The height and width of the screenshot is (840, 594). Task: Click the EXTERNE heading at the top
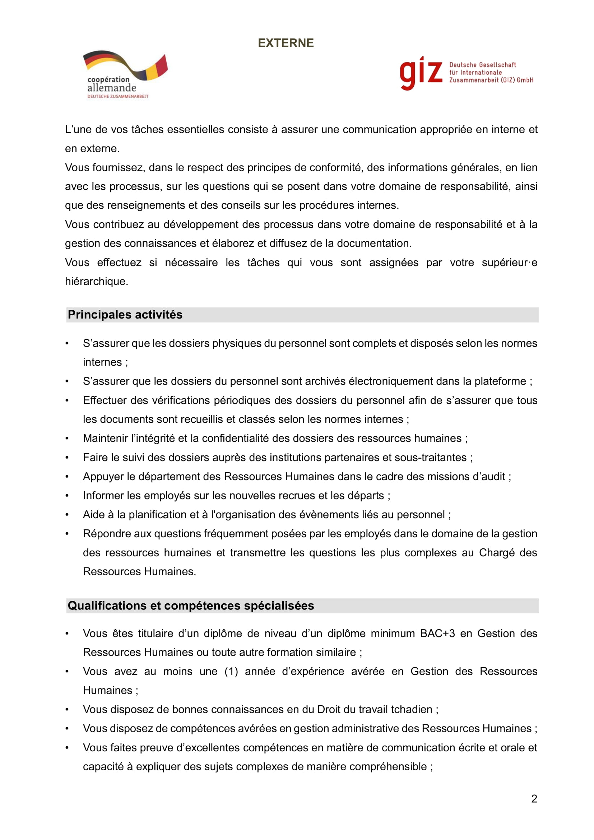[x=286, y=43]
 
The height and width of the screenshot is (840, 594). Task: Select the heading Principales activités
[x=125, y=315]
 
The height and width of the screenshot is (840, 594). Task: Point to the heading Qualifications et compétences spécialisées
[x=191, y=606]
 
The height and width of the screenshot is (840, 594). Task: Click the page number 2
[x=534, y=799]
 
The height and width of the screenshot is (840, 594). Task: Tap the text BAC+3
[x=437, y=634]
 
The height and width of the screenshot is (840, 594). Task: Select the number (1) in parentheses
[x=231, y=671]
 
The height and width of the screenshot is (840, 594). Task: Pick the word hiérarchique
[x=96, y=281]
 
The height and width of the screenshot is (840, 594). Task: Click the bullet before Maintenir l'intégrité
[x=67, y=438]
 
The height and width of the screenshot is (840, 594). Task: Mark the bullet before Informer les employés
[x=67, y=496]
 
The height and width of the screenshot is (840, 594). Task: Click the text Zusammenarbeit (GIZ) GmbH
[x=491, y=80]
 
